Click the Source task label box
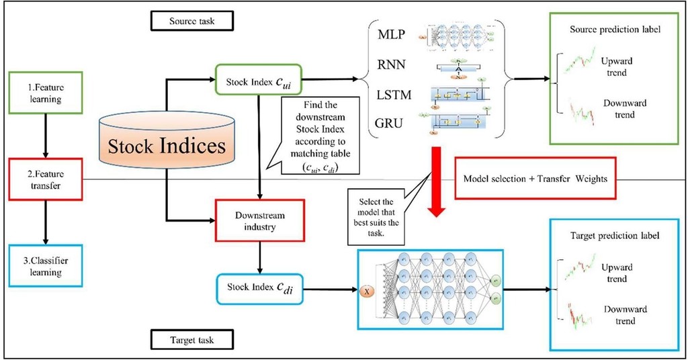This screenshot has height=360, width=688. point(193,20)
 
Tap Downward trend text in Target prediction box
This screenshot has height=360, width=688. point(625,315)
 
